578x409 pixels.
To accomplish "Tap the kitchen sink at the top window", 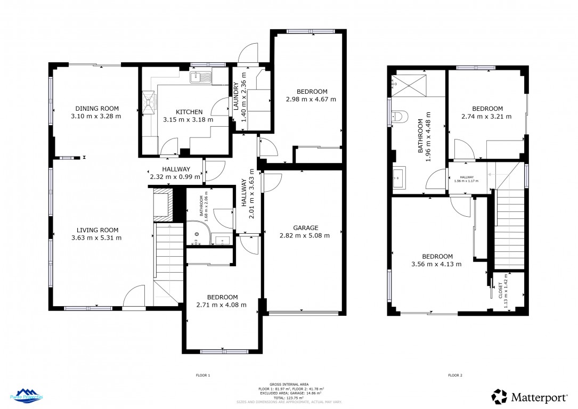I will pos(201,78).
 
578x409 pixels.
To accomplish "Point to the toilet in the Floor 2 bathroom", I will pos(399,117).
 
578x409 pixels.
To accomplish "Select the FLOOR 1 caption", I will pos(203,375).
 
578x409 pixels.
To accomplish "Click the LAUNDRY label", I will pos(235,97).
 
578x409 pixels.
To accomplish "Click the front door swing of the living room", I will pos(134,297).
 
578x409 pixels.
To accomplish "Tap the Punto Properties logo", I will pos(27,395).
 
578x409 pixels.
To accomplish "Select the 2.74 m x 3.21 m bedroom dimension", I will pos(486,116).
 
